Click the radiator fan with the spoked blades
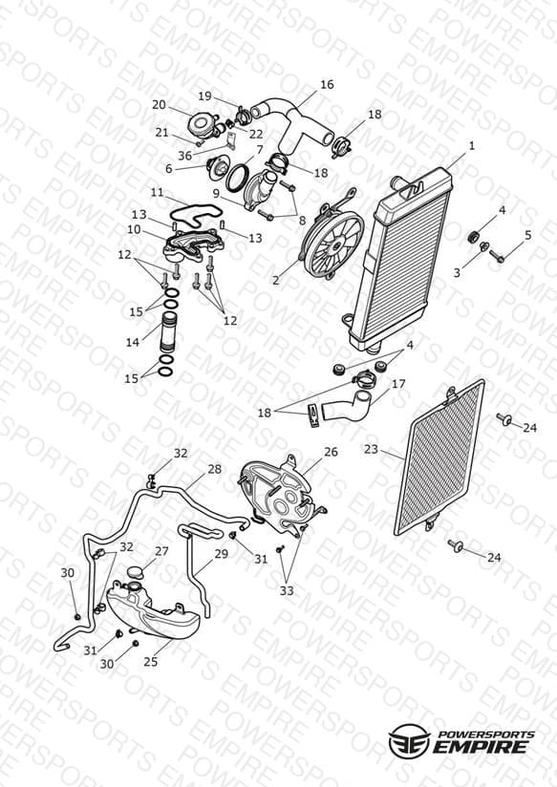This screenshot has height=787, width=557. point(333,244)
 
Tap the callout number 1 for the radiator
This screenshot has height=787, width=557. point(472,145)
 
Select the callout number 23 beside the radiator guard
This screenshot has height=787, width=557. point(371,448)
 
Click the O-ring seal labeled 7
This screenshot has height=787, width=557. point(237,179)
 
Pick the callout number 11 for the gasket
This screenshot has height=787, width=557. point(158,192)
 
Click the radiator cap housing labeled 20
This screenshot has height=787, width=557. point(204,124)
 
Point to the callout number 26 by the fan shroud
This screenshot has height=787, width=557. point(331,452)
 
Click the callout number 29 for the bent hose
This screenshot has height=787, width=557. point(221,554)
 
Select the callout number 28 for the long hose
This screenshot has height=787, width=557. point(214,469)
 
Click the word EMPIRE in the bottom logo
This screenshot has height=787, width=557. point(484,746)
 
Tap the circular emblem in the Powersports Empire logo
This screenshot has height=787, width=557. point(409,741)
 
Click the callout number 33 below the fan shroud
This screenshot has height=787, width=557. point(287,591)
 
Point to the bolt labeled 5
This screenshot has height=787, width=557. point(497,256)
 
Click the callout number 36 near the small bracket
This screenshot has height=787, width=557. point(184,156)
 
